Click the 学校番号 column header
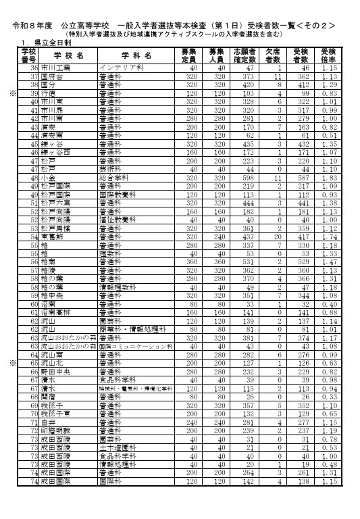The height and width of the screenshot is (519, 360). tap(28, 55)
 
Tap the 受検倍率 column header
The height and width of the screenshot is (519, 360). tap(329, 55)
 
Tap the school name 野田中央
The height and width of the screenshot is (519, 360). tap(57, 372)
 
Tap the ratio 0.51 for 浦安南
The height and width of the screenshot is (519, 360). tap(329, 135)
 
